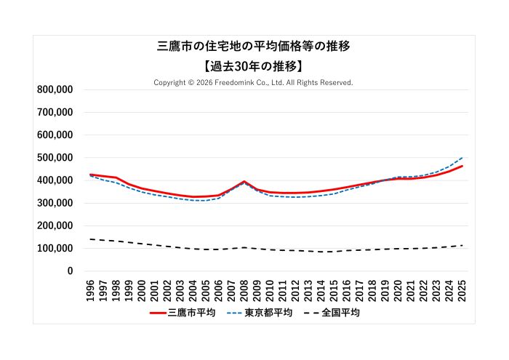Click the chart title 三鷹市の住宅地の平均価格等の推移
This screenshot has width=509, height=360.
pos(254,47)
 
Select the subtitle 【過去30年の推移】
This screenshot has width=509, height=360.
pos(254,66)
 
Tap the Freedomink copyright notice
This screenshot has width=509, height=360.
pos(253,82)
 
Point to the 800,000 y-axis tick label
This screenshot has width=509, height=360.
pos(55,90)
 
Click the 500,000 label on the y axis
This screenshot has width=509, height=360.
pos(55,158)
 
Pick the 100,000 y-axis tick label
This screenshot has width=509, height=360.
pos(55,249)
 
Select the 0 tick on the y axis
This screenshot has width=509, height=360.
pos(70,271)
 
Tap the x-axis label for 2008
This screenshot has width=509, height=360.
pos(244,287)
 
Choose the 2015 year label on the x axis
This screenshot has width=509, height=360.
pos(334,287)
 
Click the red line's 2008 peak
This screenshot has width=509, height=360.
pos(244,182)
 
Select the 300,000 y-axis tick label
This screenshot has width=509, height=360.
pos(55,204)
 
